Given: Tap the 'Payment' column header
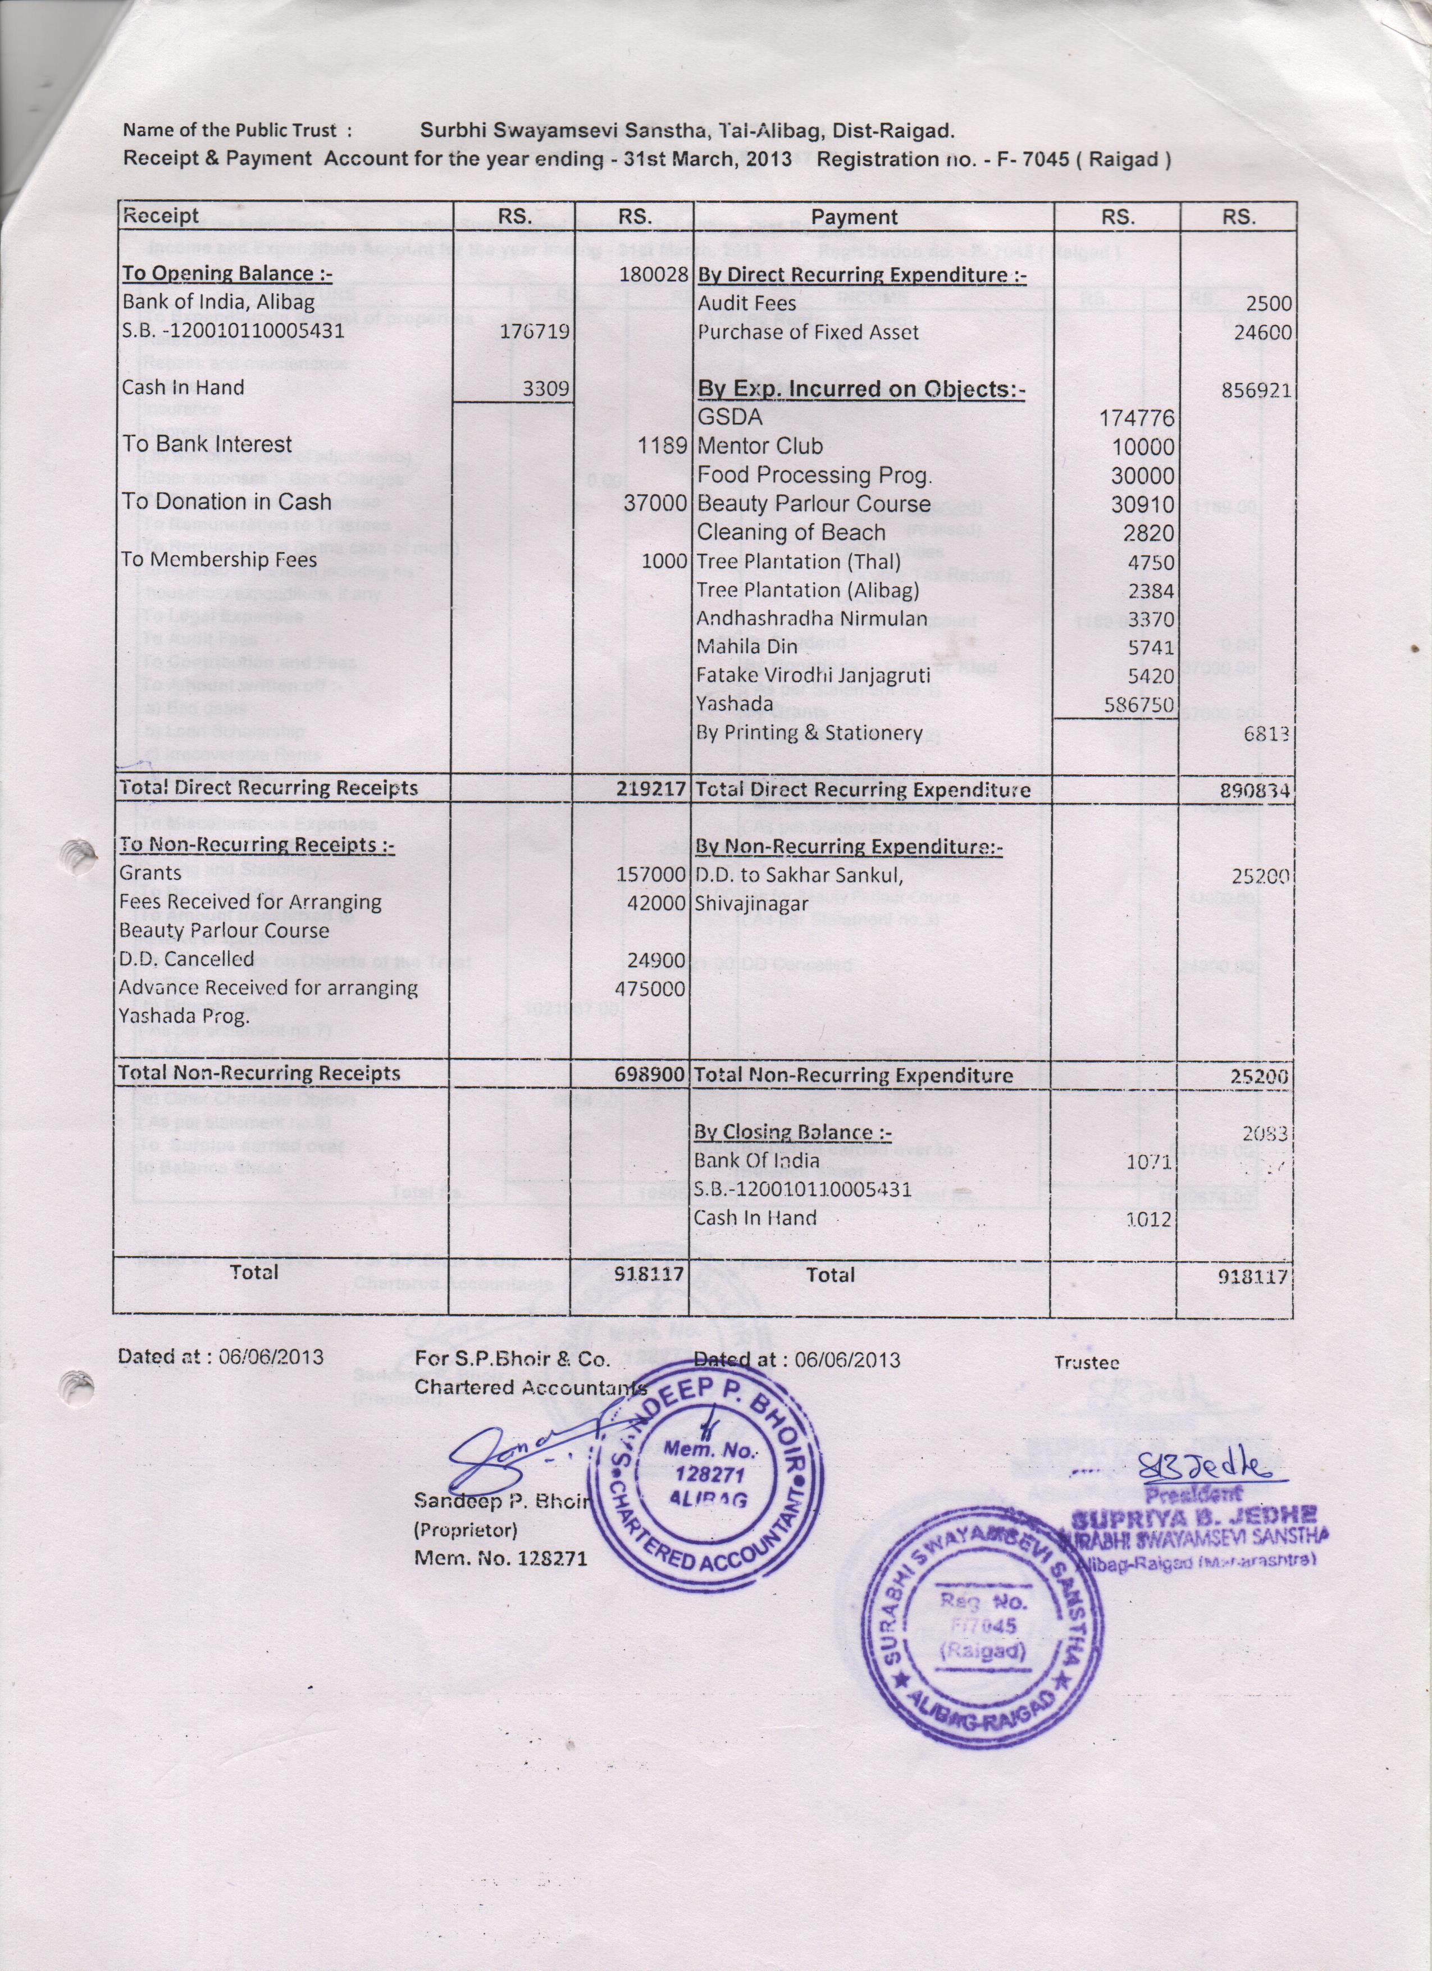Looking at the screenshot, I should coord(854,217).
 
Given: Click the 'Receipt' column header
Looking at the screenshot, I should coord(161,216).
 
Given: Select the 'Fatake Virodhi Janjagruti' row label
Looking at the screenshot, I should coord(813,675).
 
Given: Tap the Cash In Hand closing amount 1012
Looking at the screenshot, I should coord(1148,1219).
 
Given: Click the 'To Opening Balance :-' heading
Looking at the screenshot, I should coord(227,274).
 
